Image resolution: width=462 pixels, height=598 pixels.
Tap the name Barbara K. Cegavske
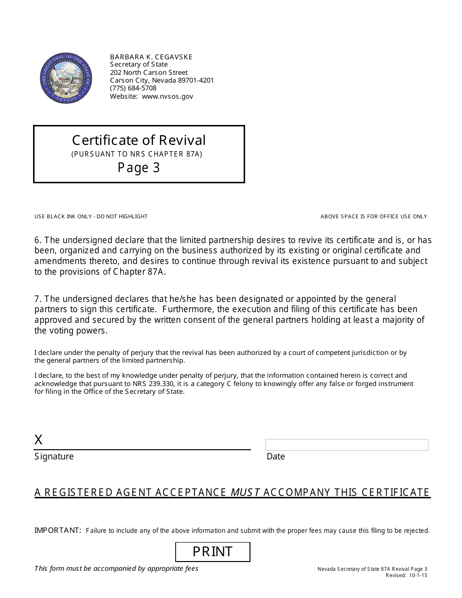tap(151, 57)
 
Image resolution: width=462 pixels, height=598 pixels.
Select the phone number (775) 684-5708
tap(133, 88)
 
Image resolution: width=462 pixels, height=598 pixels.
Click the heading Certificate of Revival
tap(139, 140)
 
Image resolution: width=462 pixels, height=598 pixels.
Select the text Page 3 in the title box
tap(139, 168)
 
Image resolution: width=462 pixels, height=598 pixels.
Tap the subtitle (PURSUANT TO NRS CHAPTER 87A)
tap(137, 154)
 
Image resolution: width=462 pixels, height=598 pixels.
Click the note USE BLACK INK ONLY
tap(63, 216)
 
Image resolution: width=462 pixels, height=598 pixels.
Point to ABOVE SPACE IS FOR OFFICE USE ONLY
tap(373, 216)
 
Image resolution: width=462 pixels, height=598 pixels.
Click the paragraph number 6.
tap(38, 240)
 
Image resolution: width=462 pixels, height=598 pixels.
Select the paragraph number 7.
tap(38, 299)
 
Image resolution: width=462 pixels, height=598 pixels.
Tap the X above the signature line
tap(38, 440)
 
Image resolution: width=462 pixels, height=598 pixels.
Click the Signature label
tap(54, 457)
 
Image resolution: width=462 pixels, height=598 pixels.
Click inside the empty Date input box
tap(346, 445)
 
